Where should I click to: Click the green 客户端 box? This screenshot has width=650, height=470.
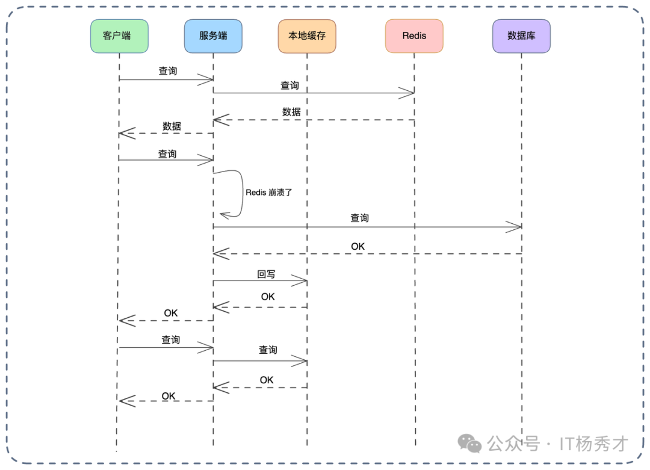click(119, 36)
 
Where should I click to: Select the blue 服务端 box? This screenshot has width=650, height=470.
click(213, 36)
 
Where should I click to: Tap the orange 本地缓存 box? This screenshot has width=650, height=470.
click(307, 36)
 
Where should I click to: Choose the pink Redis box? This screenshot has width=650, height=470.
click(414, 36)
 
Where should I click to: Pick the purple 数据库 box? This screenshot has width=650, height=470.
click(521, 36)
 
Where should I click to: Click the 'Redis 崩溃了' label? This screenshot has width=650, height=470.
click(268, 193)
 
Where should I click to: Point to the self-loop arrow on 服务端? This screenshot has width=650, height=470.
click(240, 193)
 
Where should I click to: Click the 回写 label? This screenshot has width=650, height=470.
click(266, 274)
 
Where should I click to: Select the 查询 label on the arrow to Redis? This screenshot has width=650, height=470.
click(289, 85)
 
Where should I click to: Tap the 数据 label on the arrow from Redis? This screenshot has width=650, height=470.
click(291, 112)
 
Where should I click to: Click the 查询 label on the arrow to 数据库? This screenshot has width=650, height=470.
click(359, 218)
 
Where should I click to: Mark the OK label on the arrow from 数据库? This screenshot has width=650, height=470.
click(357, 246)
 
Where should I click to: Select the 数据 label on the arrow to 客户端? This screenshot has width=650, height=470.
click(172, 126)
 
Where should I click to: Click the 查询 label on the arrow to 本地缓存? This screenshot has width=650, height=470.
click(268, 350)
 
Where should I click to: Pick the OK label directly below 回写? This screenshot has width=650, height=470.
click(268, 297)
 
